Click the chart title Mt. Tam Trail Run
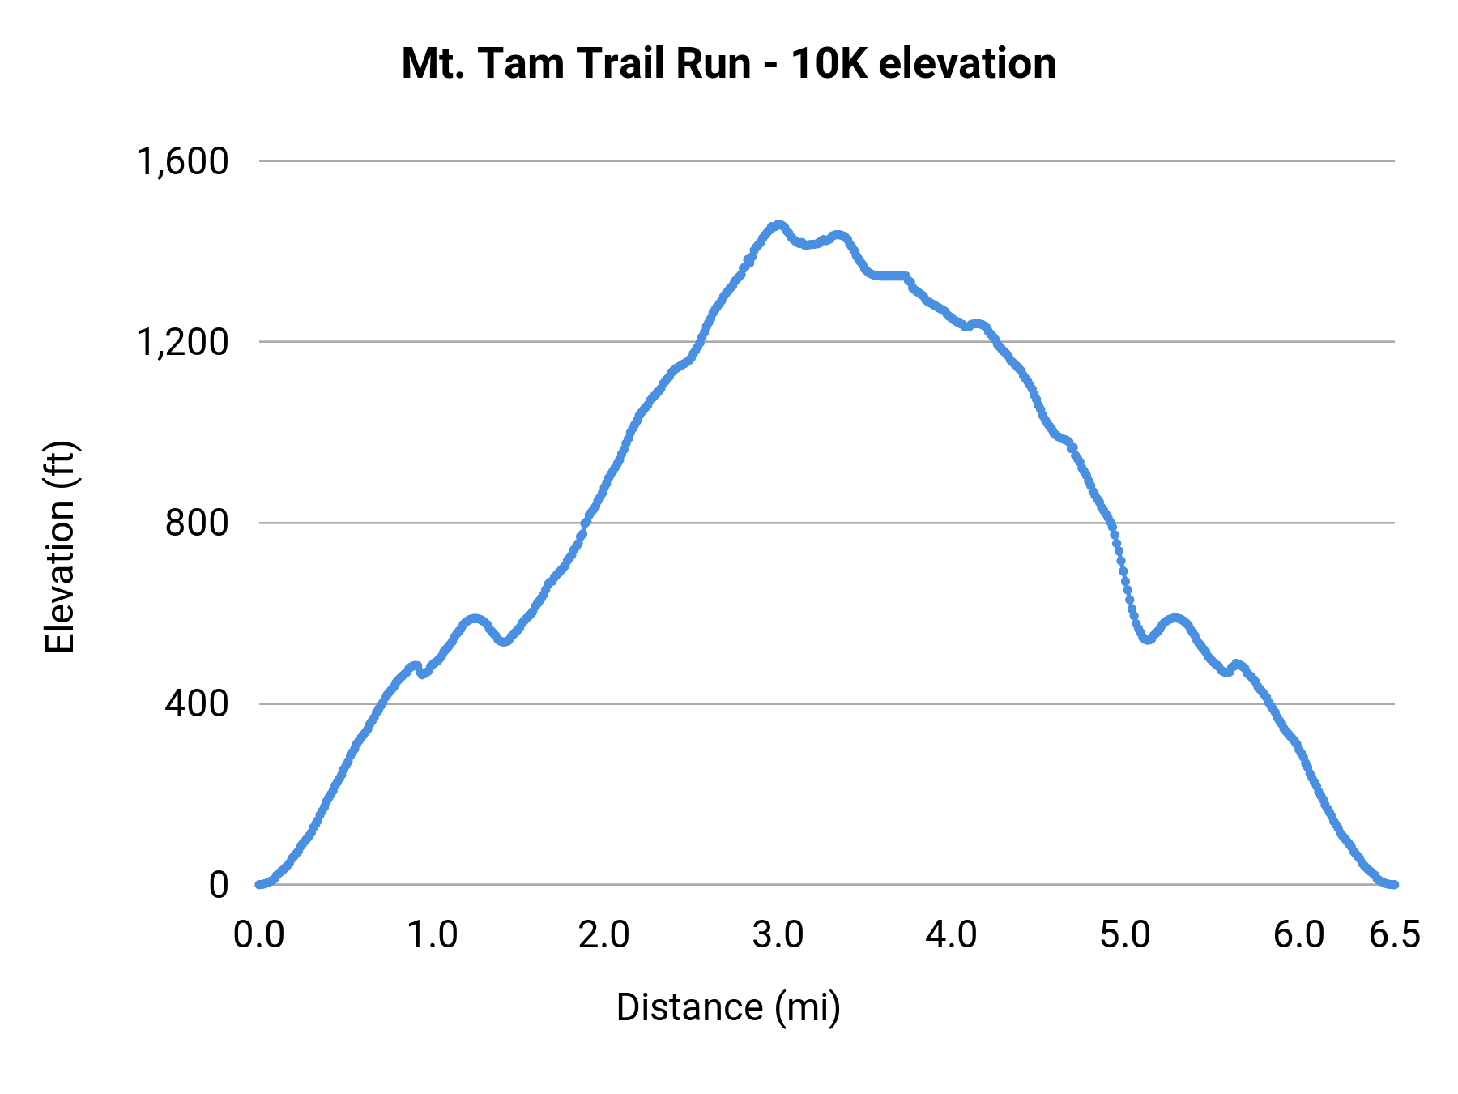tap(728, 64)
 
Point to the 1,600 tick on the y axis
tap(183, 162)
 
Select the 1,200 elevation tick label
tap(183, 343)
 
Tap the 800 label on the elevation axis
tap(197, 523)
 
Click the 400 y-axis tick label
tap(197, 704)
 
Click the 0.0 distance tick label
tap(258, 935)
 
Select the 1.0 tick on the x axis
tap(432, 935)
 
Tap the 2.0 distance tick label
tap(604, 935)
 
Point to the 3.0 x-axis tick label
tap(778, 935)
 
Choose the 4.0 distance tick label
tap(951, 935)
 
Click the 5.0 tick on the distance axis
tap(1125, 935)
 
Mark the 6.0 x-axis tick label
tap(1298, 935)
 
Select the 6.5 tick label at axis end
tap(1395, 935)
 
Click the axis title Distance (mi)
tap(728, 1007)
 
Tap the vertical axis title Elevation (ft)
tap(60, 547)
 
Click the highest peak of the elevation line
tap(778, 224)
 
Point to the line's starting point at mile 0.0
tap(259, 884)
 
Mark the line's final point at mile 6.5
tap(1394, 884)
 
